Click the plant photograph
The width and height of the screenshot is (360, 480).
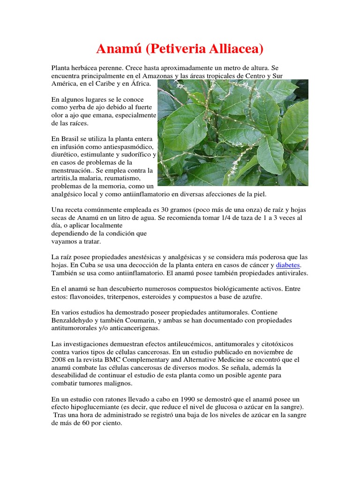pos(233,133)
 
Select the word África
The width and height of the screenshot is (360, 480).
pos(139,84)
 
